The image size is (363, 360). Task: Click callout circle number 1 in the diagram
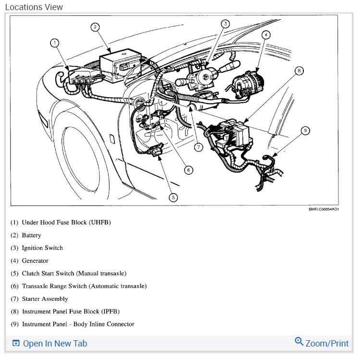coord(55,43)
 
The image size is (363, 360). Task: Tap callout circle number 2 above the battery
coord(96,27)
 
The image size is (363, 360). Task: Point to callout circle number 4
coord(266,35)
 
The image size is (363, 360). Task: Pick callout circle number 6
coord(188,169)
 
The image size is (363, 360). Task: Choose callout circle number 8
coord(299,71)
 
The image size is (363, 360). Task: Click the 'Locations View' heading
coord(34,7)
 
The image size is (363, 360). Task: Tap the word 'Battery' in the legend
coord(32,235)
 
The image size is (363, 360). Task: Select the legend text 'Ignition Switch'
coord(42,248)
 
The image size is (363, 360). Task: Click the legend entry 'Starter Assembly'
coord(45,299)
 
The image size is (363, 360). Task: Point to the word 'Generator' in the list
coord(35,261)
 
